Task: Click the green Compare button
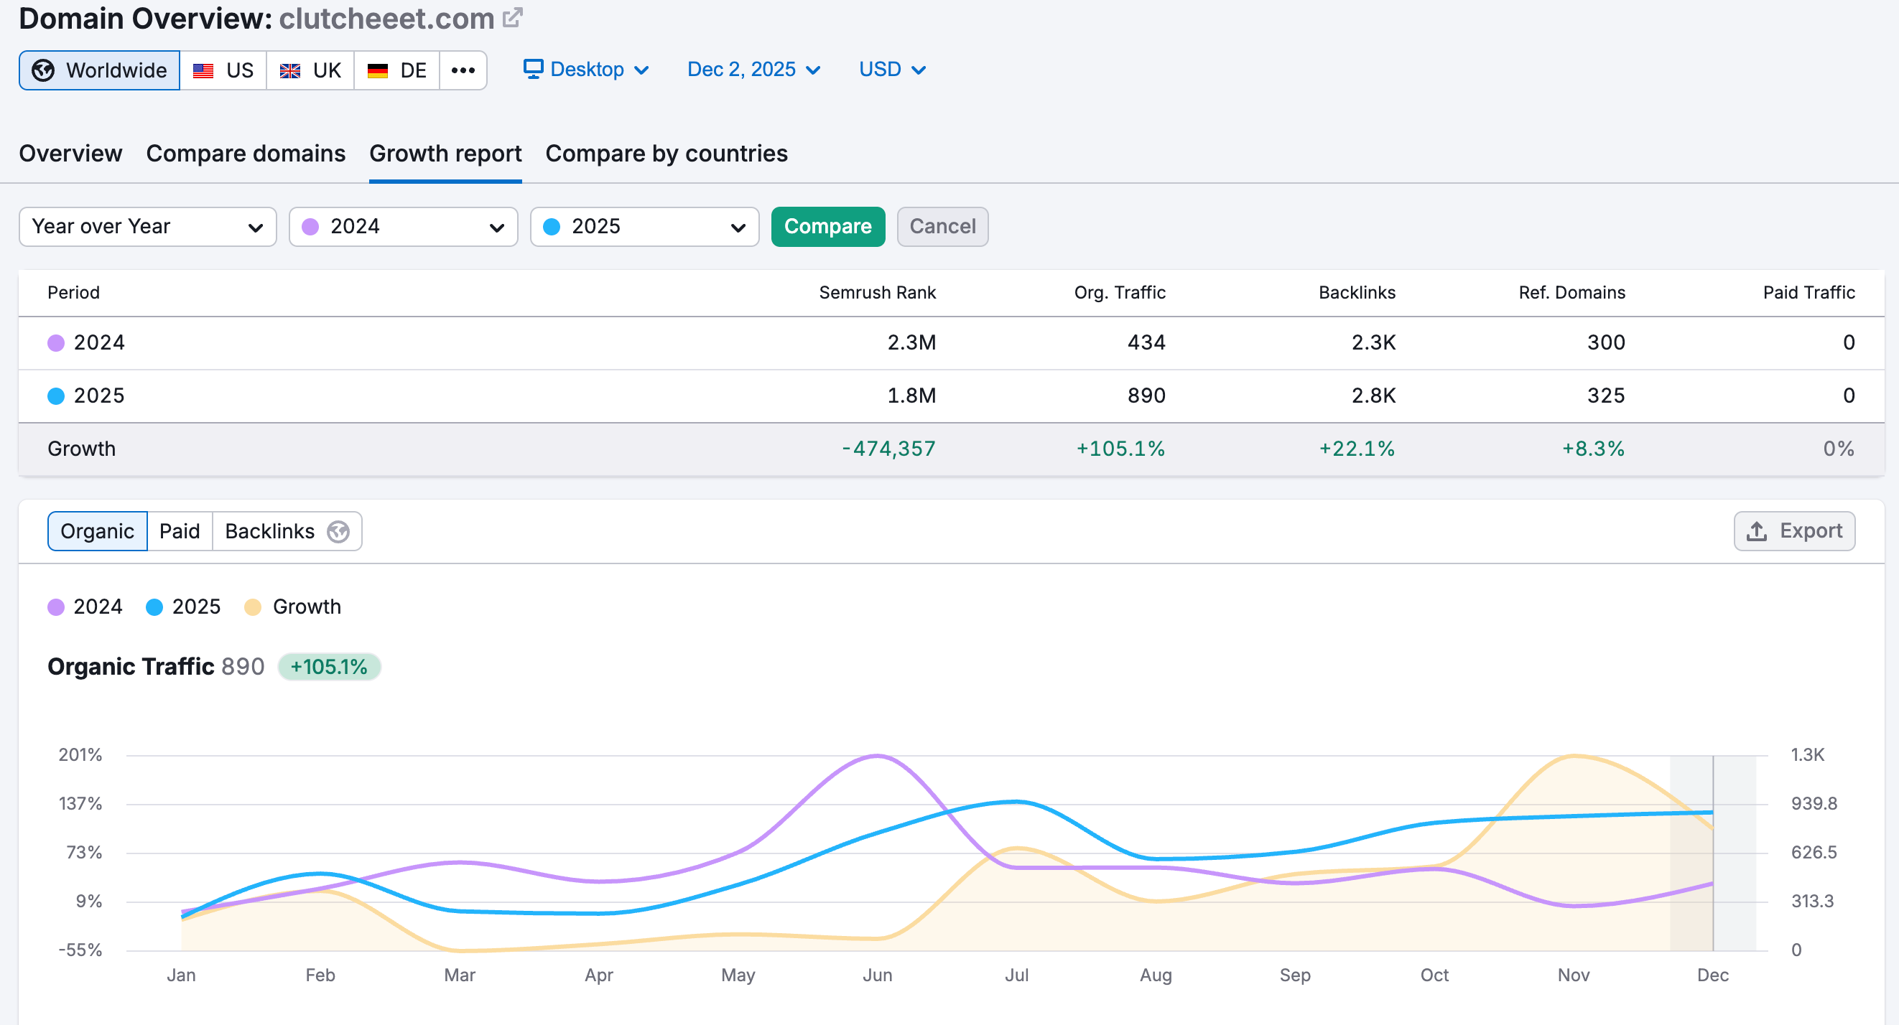pos(828,226)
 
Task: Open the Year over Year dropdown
pos(147,226)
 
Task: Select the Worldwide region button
pos(100,70)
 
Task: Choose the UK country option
pos(310,70)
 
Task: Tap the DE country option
pos(396,70)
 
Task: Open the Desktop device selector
pos(586,70)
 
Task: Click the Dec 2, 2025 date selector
pos(753,70)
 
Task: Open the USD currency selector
pos(892,70)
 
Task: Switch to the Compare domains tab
pos(246,154)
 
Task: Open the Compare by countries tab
pos(667,154)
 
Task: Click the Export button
pos(1794,530)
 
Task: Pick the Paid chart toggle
pos(180,530)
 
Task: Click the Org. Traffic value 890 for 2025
pos(1146,396)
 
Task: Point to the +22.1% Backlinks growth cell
pos(1357,449)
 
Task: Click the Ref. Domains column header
pos(1571,293)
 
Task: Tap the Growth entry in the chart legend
pos(292,607)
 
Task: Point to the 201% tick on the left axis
pos(80,754)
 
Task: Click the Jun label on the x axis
pos(877,975)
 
